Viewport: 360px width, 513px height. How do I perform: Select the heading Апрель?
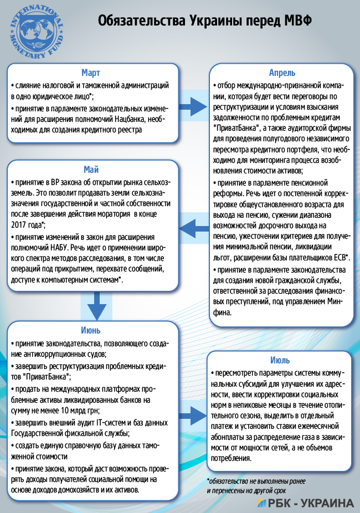pos(281,73)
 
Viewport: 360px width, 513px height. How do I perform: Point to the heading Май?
pos(92,169)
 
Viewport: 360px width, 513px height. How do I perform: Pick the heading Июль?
pos(281,360)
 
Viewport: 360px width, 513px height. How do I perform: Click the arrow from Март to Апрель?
pos(193,105)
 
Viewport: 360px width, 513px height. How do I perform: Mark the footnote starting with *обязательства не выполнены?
pos(255,486)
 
